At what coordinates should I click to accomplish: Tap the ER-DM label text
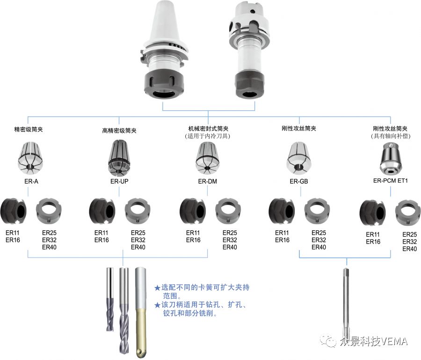point(208,181)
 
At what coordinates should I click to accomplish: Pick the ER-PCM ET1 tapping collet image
point(391,157)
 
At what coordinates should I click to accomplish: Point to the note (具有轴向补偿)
point(390,136)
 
